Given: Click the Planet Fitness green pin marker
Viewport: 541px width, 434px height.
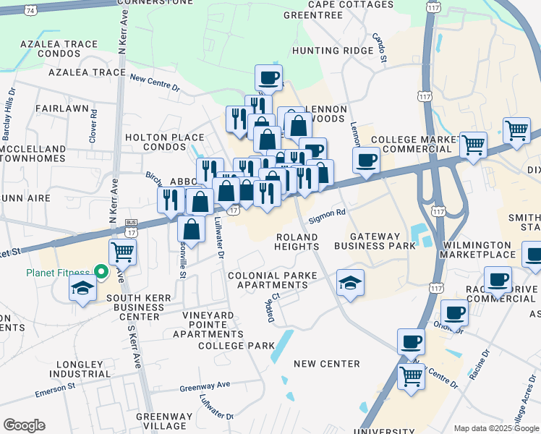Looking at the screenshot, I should click(102, 273).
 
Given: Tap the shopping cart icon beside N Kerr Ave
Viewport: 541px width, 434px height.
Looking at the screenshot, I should click(123, 252).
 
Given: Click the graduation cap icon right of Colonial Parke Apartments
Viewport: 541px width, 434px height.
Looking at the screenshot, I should click(351, 282).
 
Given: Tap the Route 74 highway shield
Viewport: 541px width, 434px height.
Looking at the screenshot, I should click(30, 11).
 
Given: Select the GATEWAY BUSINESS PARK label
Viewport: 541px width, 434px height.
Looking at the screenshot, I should click(383, 241).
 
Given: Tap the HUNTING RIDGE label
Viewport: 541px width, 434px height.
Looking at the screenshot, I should click(326, 51).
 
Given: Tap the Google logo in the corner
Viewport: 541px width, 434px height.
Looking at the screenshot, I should click(24, 425).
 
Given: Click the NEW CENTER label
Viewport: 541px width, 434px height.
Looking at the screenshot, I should click(327, 363).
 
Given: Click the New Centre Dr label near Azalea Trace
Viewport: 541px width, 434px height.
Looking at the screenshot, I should click(155, 83).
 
